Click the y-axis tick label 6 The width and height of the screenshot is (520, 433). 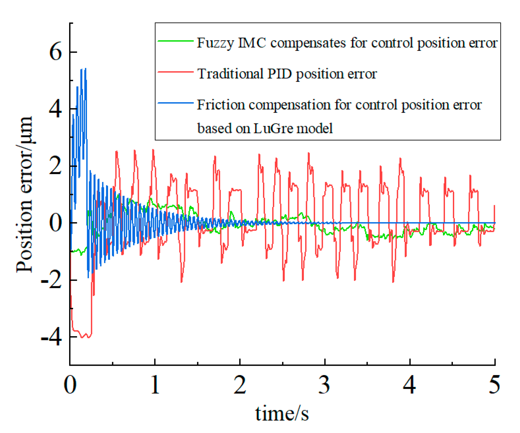(x=55, y=52)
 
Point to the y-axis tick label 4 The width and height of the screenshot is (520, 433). (x=55, y=109)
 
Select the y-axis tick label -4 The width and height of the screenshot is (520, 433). (x=51, y=337)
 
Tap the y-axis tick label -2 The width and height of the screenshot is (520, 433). (x=51, y=280)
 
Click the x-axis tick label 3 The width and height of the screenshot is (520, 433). (x=325, y=384)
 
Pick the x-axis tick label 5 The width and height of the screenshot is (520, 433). (x=494, y=384)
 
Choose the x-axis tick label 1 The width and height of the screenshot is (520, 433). (x=155, y=384)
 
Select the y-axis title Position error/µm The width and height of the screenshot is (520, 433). (x=24, y=194)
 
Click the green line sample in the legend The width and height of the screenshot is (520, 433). (x=175, y=41)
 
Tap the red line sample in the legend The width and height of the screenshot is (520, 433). (x=175, y=72)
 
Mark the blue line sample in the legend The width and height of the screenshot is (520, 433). (x=175, y=103)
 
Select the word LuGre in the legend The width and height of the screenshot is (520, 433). (x=269, y=128)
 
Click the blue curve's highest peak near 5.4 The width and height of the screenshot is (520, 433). (x=86, y=69)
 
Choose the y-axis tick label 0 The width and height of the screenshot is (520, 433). (x=55, y=223)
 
